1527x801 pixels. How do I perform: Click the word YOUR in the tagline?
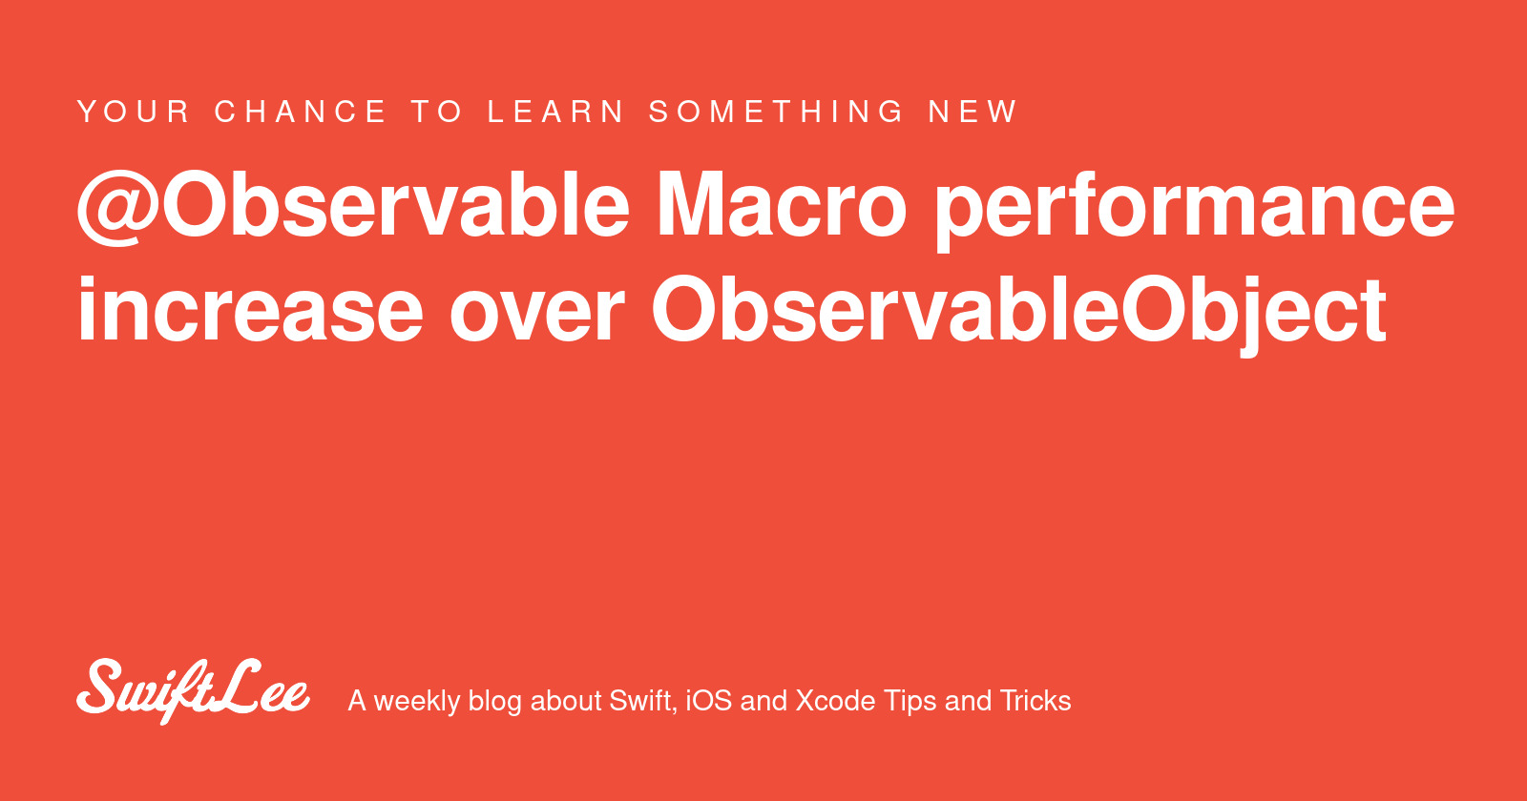[x=134, y=112]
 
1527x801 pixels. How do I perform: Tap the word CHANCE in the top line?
[x=301, y=112]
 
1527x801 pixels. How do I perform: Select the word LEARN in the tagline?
[x=555, y=112]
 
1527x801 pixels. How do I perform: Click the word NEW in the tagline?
[x=973, y=112]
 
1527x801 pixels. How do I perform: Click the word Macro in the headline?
[x=781, y=205]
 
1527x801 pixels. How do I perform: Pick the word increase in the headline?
[x=250, y=311]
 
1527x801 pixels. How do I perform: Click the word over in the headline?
[x=536, y=318]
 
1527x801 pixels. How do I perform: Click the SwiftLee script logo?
[x=194, y=691]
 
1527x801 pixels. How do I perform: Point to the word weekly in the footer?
[x=416, y=702]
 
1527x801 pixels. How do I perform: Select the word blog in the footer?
[x=495, y=702]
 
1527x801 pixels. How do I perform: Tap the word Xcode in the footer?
[x=835, y=701]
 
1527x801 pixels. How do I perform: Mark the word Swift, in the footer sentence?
[x=643, y=702]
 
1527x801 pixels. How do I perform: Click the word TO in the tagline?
[x=437, y=112]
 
